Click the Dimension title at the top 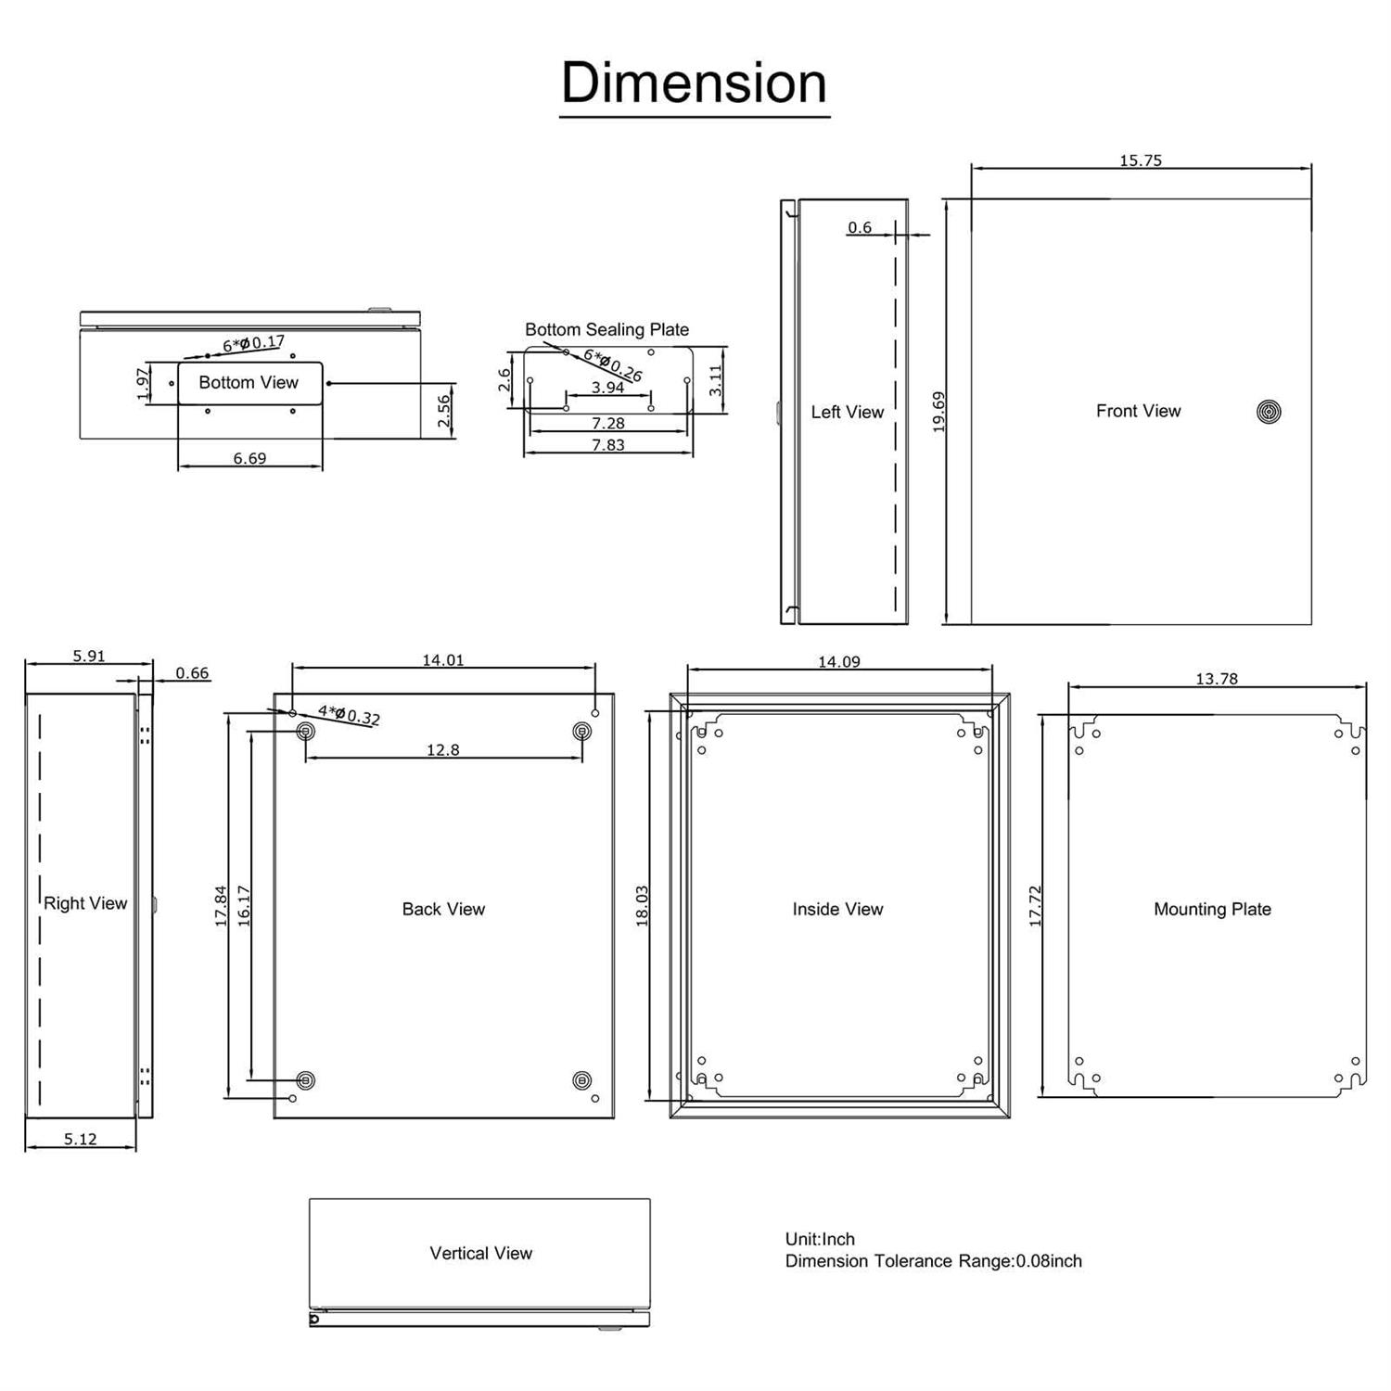[x=694, y=83]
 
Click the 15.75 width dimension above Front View [x=1140, y=160]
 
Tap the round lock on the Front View [x=1269, y=412]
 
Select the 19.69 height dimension [x=938, y=412]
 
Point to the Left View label [x=847, y=412]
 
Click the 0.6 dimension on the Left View [x=860, y=227]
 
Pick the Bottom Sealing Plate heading [x=606, y=329]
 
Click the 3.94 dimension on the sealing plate [x=607, y=388]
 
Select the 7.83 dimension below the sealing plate [x=607, y=445]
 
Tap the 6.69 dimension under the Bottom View [x=249, y=458]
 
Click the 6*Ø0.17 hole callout [x=253, y=343]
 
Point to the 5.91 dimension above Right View [x=89, y=656]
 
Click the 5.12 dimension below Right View [x=80, y=1139]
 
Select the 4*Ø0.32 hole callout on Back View [x=349, y=715]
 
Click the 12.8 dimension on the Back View [x=442, y=749]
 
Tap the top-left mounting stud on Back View [x=305, y=732]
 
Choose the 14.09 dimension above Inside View [x=838, y=661]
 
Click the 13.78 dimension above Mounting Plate [x=1216, y=679]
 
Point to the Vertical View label [x=480, y=1253]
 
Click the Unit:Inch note [x=820, y=1239]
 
